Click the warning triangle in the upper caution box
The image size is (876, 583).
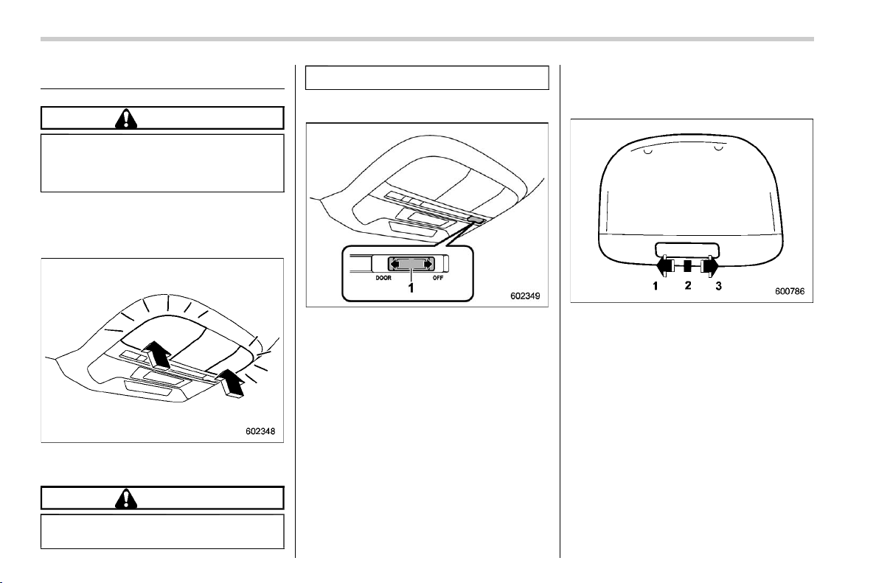click(x=126, y=119)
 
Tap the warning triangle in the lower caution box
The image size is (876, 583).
click(x=126, y=498)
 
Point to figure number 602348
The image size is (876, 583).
click(x=260, y=431)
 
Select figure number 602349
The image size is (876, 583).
click(x=525, y=296)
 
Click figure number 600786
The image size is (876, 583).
click(x=790, y=291)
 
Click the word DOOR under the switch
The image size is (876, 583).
click(x=383, y=278)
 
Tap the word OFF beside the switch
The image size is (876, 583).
click(x=438, y=278)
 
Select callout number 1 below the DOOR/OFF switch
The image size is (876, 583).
click(x=411, y=288)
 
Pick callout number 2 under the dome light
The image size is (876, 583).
click(x=688, y=285)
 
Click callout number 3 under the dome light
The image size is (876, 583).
click(x=718, y=286)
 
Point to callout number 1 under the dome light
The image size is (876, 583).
click(x=656, y=286)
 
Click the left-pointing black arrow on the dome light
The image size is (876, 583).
click(x=663, y=266)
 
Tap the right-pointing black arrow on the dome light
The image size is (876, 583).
click(x=711, y=266)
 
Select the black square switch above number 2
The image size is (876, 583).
click(x=688, y=266)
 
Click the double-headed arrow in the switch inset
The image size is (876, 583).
click(x=411, y=264)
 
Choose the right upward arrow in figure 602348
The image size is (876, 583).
click(x=231, y=383)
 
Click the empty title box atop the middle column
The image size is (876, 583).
click(x=427, y=77)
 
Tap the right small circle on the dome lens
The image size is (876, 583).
click(x=719, y=148)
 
